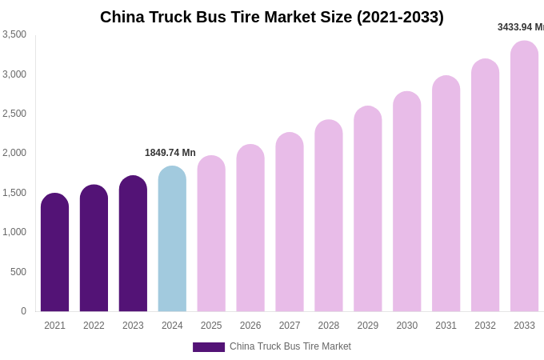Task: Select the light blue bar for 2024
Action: [172, 239]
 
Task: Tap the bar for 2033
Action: [524, 177]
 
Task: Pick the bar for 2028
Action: [328, 216]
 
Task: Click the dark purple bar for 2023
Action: [133, 244]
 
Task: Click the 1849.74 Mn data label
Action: [170, 153]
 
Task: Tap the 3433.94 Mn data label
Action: [520, 27]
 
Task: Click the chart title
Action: [272, 17]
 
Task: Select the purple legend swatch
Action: [208, 347]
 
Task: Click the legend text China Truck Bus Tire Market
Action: [290, 346]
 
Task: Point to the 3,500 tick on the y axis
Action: [14, 34]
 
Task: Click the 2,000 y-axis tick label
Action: [14, 153]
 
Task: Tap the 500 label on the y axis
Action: [18, 272]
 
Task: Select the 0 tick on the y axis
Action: [23, 311]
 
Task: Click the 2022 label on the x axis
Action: [94, 326]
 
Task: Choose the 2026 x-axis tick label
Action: [250, 326]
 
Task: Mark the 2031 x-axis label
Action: [446, 326]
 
